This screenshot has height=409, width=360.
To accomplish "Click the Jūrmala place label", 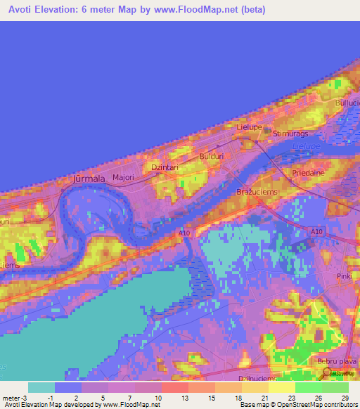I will pos(89,179).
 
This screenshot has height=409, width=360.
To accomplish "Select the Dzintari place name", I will pos(165,167).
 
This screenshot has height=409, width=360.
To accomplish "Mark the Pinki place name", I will pos(343,276).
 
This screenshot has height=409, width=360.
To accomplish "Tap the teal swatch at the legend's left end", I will pos(41,387).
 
